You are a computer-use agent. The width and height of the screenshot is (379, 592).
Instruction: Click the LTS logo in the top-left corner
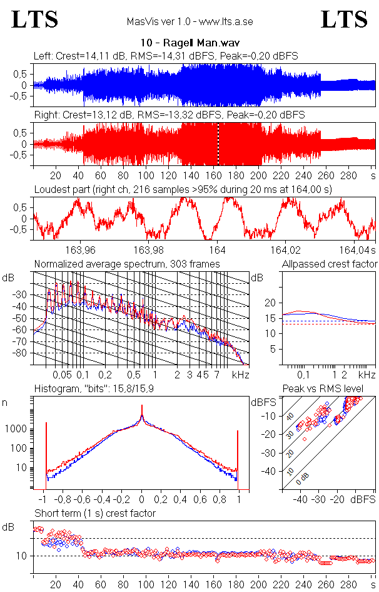tap(35, 20)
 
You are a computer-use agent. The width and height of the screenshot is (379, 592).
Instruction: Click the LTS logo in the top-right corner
tap(344, 20)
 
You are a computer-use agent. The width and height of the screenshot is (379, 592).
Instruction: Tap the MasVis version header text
tap(189, 21)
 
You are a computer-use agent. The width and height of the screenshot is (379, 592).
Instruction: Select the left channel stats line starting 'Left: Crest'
tap(166, 56)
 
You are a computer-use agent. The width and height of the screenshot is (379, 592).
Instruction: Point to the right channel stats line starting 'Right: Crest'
tap(169, 115)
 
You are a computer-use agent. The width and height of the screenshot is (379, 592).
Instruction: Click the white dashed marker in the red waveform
tap(218, 144)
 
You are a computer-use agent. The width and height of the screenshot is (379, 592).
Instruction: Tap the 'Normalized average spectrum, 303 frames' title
tap(127, 264)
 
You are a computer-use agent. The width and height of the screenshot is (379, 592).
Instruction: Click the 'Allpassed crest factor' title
tap(330, 264)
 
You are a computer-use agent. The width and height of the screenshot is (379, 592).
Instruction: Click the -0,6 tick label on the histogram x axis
tap(84, 501)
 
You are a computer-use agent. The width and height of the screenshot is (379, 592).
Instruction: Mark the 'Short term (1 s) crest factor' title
tap(94, 513)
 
